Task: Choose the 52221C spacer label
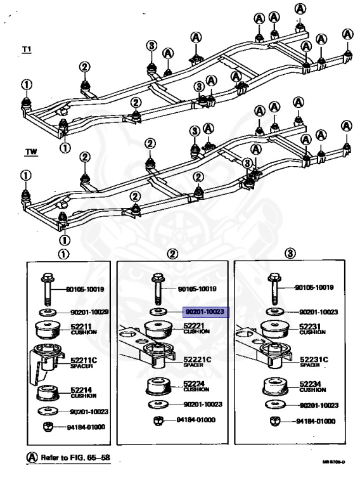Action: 197,361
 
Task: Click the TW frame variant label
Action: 30,152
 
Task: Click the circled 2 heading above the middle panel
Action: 172,253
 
